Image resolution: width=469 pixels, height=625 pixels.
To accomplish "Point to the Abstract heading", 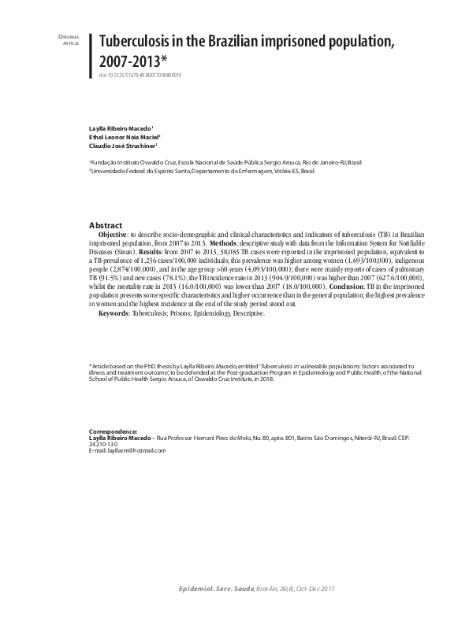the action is (x=106, y=224).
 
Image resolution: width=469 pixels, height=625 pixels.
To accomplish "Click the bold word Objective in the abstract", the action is (x=114, y=235).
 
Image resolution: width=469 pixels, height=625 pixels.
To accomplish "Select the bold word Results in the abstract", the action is (x=151, y=252).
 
